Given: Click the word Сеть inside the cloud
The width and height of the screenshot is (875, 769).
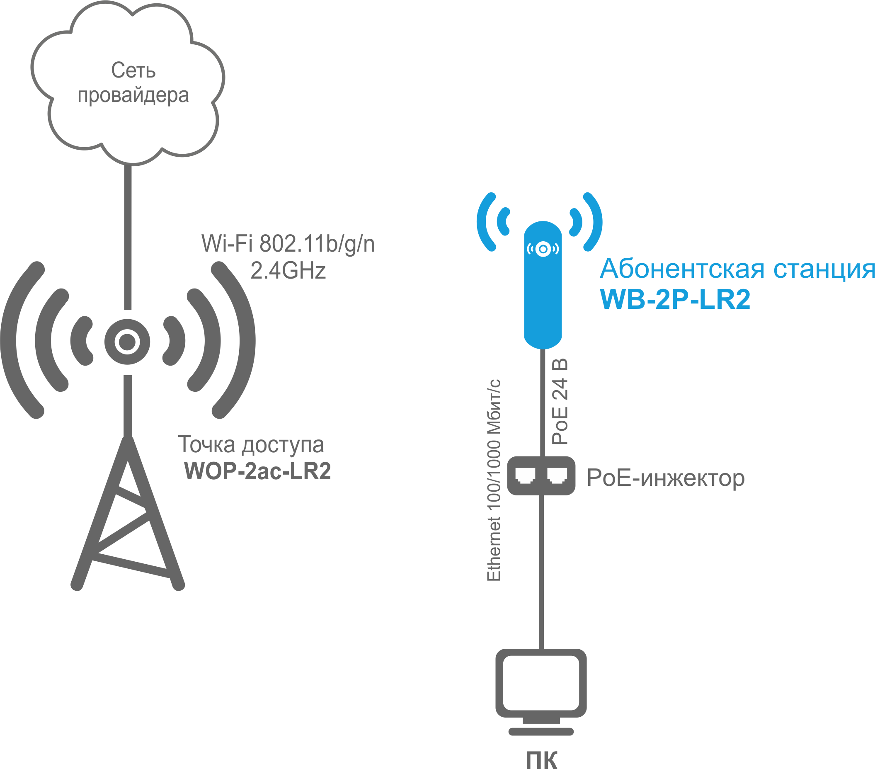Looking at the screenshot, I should (133, 70).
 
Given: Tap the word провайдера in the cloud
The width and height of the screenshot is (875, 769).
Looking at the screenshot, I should (133, 95).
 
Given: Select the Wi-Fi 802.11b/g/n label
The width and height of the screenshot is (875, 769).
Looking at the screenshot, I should (288, 244).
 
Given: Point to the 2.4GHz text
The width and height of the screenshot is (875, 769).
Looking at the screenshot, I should (288, 271).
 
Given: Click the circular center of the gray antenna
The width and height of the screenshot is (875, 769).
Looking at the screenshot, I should (127, 342).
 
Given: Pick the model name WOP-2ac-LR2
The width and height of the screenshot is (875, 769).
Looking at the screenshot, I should (257, 471).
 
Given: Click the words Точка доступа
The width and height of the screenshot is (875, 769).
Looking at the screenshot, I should (251, 444).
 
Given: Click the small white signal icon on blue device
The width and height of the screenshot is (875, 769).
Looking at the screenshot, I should (543, 249).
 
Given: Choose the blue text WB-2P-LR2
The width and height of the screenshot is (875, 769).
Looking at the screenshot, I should (675, 299).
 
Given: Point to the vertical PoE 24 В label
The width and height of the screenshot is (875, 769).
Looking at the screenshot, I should (560, 402).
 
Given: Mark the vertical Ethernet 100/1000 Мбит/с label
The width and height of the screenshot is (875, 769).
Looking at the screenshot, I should (494, 480).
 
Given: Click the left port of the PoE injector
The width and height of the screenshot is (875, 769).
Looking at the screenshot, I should (525, 475).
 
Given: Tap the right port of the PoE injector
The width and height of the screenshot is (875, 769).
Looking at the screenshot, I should (557, 475).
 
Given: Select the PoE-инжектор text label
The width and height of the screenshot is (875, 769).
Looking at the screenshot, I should (665, 478).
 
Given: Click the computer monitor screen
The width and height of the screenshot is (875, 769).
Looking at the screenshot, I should (541, 682).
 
